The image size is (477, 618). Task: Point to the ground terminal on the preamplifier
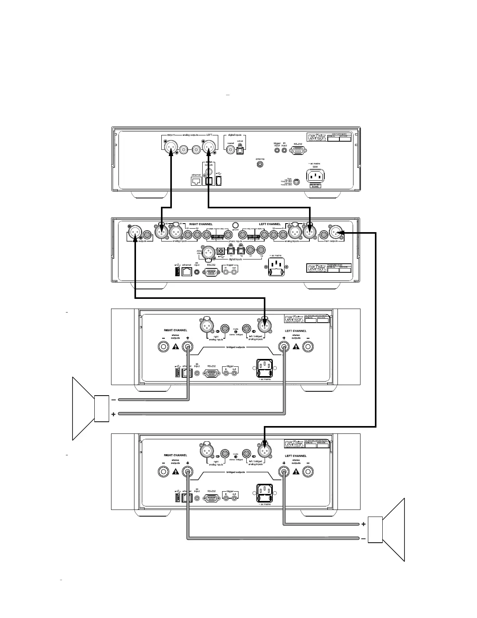pos(235,225)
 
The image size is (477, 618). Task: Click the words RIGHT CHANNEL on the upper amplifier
pos(175,330)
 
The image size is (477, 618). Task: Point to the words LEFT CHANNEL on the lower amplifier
pos(295,456)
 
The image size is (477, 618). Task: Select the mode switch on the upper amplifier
pos(235,331)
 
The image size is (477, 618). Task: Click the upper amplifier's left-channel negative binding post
pos(308,346)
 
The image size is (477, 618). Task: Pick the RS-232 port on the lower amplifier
pos(212,498)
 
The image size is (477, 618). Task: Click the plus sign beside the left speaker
pos(113,414)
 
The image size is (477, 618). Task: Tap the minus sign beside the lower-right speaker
pos(364,539)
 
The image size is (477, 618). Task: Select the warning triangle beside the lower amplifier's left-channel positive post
pos(297,472)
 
